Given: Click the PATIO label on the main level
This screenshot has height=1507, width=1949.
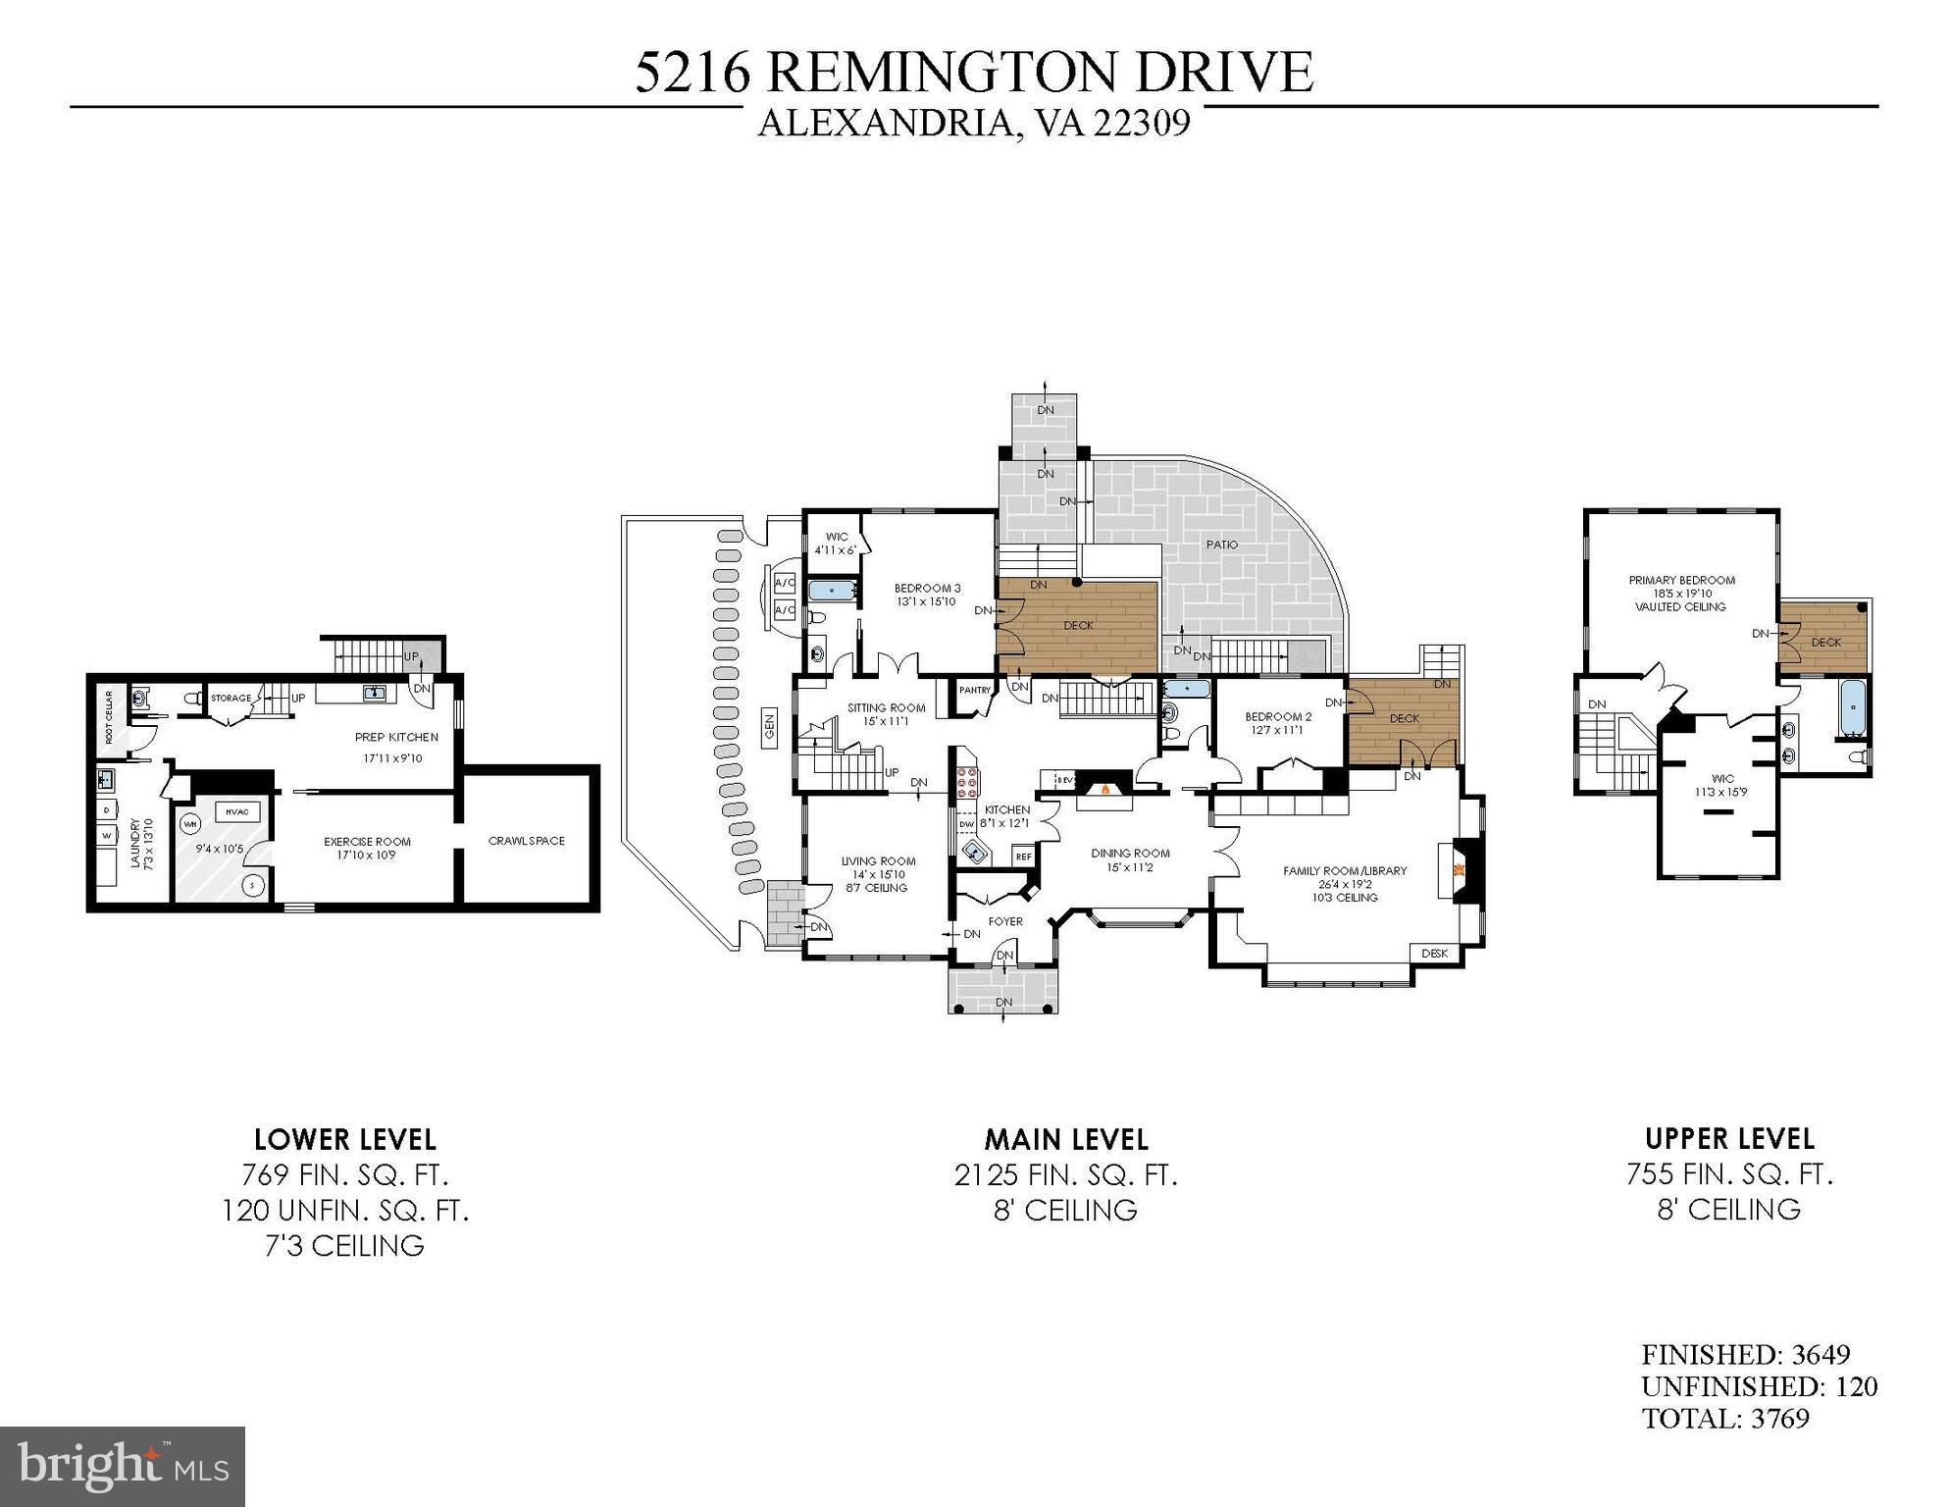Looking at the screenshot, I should [x=1221, y=545].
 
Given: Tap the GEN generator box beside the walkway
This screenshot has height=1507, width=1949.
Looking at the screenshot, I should [x=770, y=726].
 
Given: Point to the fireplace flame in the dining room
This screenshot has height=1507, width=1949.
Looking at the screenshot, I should [x=1105, y=788].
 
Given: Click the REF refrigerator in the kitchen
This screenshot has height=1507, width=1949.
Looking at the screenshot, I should [x=1023, y=857].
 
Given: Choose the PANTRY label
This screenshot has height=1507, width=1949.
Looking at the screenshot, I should [x=975, y=691].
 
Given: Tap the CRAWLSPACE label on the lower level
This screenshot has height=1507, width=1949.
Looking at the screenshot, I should [x=527, y=841].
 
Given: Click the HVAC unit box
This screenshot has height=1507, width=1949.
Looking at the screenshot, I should [x=236, y=811].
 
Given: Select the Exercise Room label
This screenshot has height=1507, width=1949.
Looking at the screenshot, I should [x=367, y=841].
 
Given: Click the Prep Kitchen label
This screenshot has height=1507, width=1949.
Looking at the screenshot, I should [x=396, y=737].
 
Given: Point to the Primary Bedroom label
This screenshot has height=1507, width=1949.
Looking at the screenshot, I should [x=1681, y=580].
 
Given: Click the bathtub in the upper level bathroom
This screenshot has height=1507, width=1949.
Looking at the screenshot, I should [x=1854, y=707].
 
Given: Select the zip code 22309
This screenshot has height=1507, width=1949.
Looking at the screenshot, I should [x=1142, y=124].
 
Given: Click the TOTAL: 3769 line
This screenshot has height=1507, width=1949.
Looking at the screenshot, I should [x=1725, y=1418].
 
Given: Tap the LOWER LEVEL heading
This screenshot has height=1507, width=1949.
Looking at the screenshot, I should [x=345, y=1139].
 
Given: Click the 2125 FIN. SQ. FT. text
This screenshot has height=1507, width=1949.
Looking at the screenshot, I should [x=1065, y=1174].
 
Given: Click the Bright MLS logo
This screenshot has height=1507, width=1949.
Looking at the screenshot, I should [x=123, y=1466].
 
